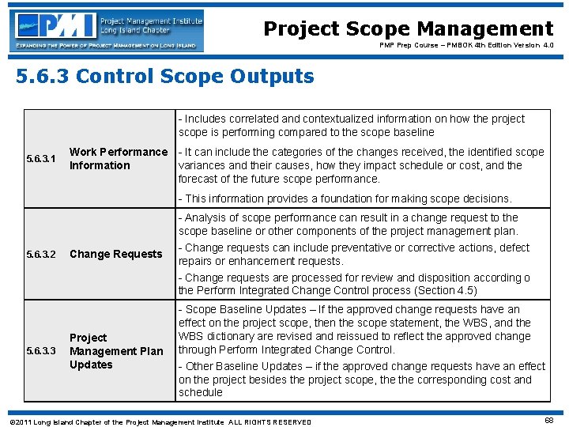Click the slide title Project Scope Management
coord(408,29)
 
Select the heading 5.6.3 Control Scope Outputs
coord(164,77)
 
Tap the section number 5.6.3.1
coord(41,159)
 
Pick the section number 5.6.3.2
coord(41,255)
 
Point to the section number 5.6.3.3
coord(41,351)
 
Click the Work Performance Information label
coord(119,159)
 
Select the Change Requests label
coord(115,255)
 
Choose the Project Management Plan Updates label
coord(116,351)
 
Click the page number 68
coord(548,421)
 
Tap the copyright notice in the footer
coord(162,421)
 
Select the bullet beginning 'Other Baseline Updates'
coord(362,379)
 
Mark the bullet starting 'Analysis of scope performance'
coord(349,225)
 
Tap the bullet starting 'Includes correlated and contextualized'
coord(352,126)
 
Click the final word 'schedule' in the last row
coord(201,393)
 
